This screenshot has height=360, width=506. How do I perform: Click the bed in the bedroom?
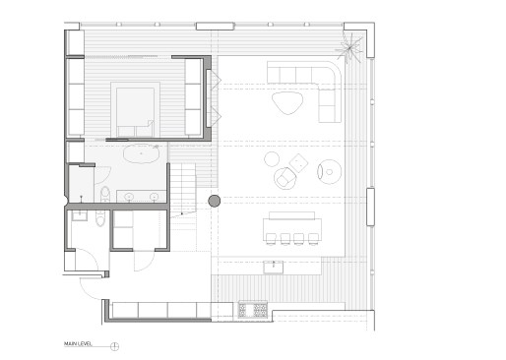point(136,109)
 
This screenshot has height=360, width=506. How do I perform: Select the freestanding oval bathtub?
point(145,152)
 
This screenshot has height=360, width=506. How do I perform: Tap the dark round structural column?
point(214,202)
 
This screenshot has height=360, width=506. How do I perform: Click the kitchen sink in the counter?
point(274,263)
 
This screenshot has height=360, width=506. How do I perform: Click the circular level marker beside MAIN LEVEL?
point(115,345)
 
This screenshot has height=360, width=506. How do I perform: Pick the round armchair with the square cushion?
point(285,178)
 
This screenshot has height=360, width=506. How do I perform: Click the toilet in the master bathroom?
point(104,192)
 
